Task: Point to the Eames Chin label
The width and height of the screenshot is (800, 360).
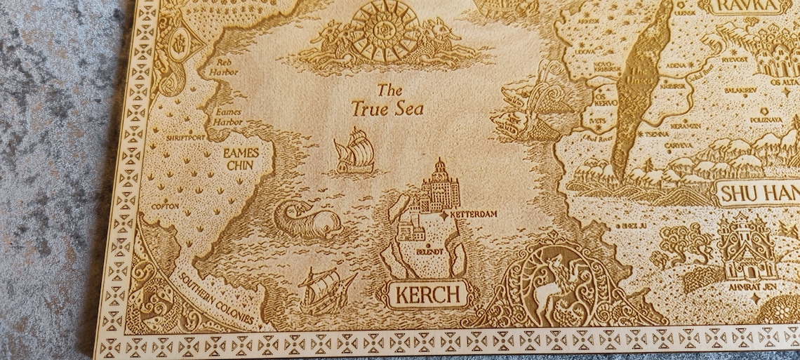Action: point(241,159)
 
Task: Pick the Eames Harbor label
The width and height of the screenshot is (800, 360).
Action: point(226,116)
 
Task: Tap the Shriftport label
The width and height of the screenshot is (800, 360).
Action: point(185,138)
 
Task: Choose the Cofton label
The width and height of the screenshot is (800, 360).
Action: point(166,207)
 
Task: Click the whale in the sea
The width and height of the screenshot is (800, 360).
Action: point(306,220)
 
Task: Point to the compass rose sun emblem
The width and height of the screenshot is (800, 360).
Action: point(384,29)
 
